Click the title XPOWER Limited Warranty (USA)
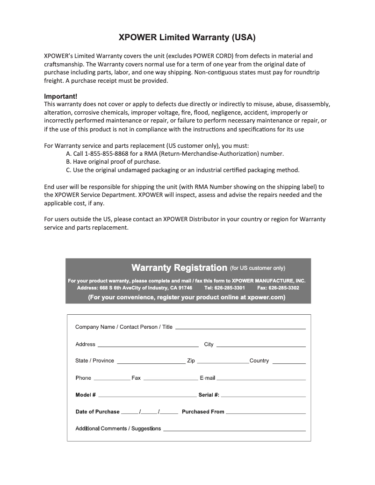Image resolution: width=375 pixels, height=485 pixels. [x=187, y=37]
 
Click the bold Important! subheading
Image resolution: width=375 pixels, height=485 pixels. [x=60, y=96]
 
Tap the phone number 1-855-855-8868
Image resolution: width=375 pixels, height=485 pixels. [x=108, y=153]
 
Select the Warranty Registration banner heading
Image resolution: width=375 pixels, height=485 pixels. [x=179, y=268]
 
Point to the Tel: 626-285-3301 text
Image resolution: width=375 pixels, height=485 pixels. [x=225, y=288]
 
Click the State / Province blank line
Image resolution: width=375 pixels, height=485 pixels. [x=151, y=362]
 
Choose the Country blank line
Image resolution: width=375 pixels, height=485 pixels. [x=289, y=362]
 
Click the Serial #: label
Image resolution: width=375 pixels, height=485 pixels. [x=209, y=395]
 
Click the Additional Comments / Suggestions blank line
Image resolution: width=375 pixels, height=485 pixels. [x=234, y=430]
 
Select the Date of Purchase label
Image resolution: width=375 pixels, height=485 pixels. [x=98, y=412]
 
